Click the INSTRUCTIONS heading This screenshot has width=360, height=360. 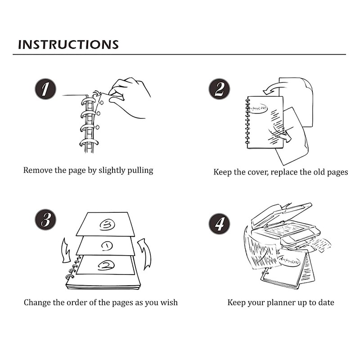tap(68, 44)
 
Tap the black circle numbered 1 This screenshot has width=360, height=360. tap(45, 89)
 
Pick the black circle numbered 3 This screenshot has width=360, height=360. tap(45, 220)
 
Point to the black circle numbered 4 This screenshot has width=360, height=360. tap(219, 223)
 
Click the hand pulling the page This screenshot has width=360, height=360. tap(130, 97)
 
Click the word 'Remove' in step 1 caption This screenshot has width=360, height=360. tap(38, 171)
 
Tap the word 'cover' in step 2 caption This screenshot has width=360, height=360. tap(257, 172)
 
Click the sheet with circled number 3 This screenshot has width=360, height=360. tap(106, 225)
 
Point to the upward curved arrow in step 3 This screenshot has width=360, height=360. tap(145, 254)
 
